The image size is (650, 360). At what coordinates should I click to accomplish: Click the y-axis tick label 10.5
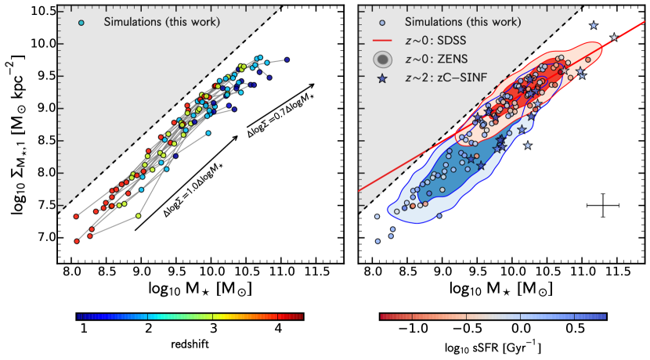(x=48, y=12)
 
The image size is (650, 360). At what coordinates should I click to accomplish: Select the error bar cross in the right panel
(x=603, y=206)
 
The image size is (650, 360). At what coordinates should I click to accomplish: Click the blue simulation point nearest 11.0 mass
(x=287, y=59)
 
